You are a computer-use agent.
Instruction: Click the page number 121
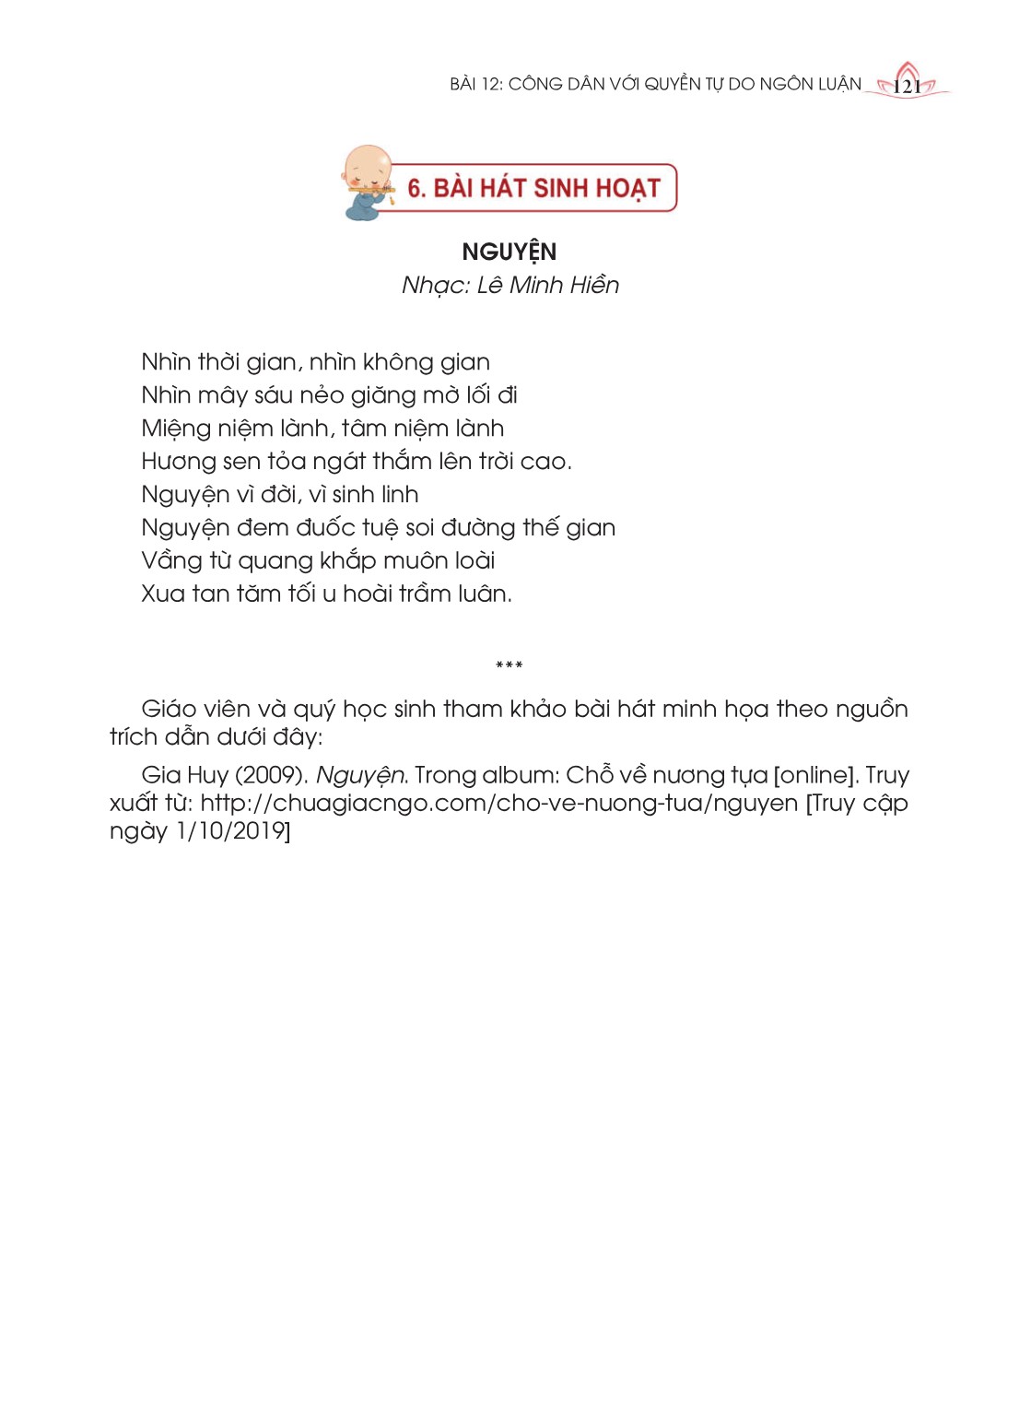(x=908, y=87)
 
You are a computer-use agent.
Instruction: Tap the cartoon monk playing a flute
(x=367, y=182)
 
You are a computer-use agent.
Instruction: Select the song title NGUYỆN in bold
(x=509, y=252)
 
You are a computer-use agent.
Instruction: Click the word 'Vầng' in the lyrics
(x=171, y=561)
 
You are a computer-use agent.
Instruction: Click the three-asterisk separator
(x=509, y=665)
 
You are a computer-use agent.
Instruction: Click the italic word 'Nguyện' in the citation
(x=360, y=776)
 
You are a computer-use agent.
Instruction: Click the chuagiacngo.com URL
(x=498, y=803)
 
